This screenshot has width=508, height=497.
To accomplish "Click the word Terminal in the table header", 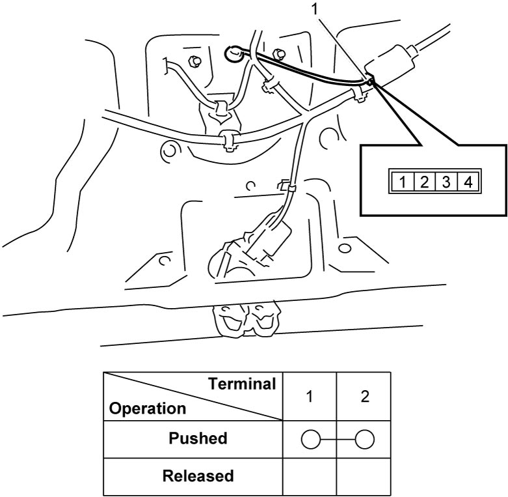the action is (242, 384).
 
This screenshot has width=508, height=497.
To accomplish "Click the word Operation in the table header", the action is (148, 408).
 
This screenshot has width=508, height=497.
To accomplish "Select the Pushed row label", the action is (198, 438).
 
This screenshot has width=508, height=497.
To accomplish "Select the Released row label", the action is (198, 476).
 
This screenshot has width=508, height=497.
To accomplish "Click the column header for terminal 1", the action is (310, 397).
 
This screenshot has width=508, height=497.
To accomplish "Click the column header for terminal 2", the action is (364, 397).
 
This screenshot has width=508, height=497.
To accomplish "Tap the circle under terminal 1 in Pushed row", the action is (311, 440).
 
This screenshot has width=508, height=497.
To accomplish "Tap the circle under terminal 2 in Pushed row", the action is (365, 440).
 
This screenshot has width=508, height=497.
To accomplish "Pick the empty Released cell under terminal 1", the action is (310, 477).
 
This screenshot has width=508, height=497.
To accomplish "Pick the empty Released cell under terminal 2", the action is (364, 477).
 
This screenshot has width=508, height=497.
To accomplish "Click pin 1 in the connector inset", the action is (403, 181).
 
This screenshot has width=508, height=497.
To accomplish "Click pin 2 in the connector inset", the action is (425, 181).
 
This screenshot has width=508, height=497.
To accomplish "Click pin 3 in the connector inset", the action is (446, 181).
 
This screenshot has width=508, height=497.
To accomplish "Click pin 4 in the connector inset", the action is (468, 181).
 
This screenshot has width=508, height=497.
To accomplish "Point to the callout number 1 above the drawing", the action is (315, 9).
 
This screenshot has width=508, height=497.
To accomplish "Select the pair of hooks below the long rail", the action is (246, 320).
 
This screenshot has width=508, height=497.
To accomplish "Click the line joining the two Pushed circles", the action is (338, 440).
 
